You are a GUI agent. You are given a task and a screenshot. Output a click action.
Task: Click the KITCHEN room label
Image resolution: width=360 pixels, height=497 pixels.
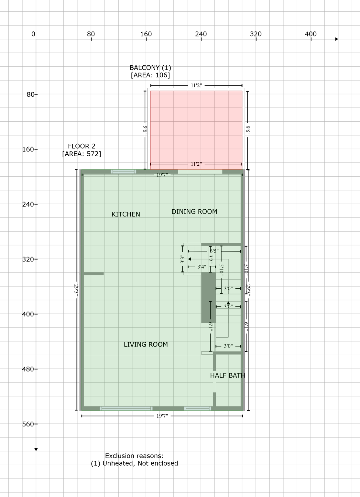click(126, 214)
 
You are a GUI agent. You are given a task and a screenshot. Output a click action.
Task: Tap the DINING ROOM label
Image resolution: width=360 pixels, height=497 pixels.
click(194, 212)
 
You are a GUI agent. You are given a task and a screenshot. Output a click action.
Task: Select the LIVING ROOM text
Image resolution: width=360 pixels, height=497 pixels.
click(146, 345)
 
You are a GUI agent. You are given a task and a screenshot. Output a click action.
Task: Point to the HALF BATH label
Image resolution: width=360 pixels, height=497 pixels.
click(227, 375)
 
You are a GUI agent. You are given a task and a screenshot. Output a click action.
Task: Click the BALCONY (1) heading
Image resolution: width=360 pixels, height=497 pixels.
click(150, 68)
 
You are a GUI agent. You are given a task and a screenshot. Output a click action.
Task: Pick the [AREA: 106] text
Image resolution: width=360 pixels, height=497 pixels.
click(150, 75)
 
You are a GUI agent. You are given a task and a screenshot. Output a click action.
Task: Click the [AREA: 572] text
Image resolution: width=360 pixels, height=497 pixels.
click(82, 154)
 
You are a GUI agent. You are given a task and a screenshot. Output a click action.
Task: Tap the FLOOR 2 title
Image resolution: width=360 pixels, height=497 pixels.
click(82, 146)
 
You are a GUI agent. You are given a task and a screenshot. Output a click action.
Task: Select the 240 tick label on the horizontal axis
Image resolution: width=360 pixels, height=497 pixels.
click(201, 34)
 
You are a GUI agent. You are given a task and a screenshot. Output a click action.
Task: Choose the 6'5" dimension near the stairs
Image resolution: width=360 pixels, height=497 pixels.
click(214, 251)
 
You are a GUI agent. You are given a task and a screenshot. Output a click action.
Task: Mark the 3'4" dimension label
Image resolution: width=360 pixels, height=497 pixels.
click(202, 267)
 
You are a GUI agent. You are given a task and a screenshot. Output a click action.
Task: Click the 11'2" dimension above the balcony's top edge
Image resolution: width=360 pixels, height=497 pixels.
click(196, 85)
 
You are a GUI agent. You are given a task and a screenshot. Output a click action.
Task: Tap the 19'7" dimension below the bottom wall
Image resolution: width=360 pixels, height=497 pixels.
click(162, 416)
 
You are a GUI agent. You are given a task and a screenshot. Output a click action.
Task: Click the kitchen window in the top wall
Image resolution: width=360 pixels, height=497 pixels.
click(123, 171)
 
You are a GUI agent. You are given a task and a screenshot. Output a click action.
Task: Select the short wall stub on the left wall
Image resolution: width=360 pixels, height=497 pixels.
click(93, 274)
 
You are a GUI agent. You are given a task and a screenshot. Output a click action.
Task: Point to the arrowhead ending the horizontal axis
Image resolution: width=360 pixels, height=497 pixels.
click(337, 39)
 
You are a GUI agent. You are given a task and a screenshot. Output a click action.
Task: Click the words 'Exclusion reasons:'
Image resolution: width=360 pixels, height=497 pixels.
click(134, 456)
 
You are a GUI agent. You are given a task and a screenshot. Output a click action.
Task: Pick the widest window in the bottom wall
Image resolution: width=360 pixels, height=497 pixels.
click(126, 408)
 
